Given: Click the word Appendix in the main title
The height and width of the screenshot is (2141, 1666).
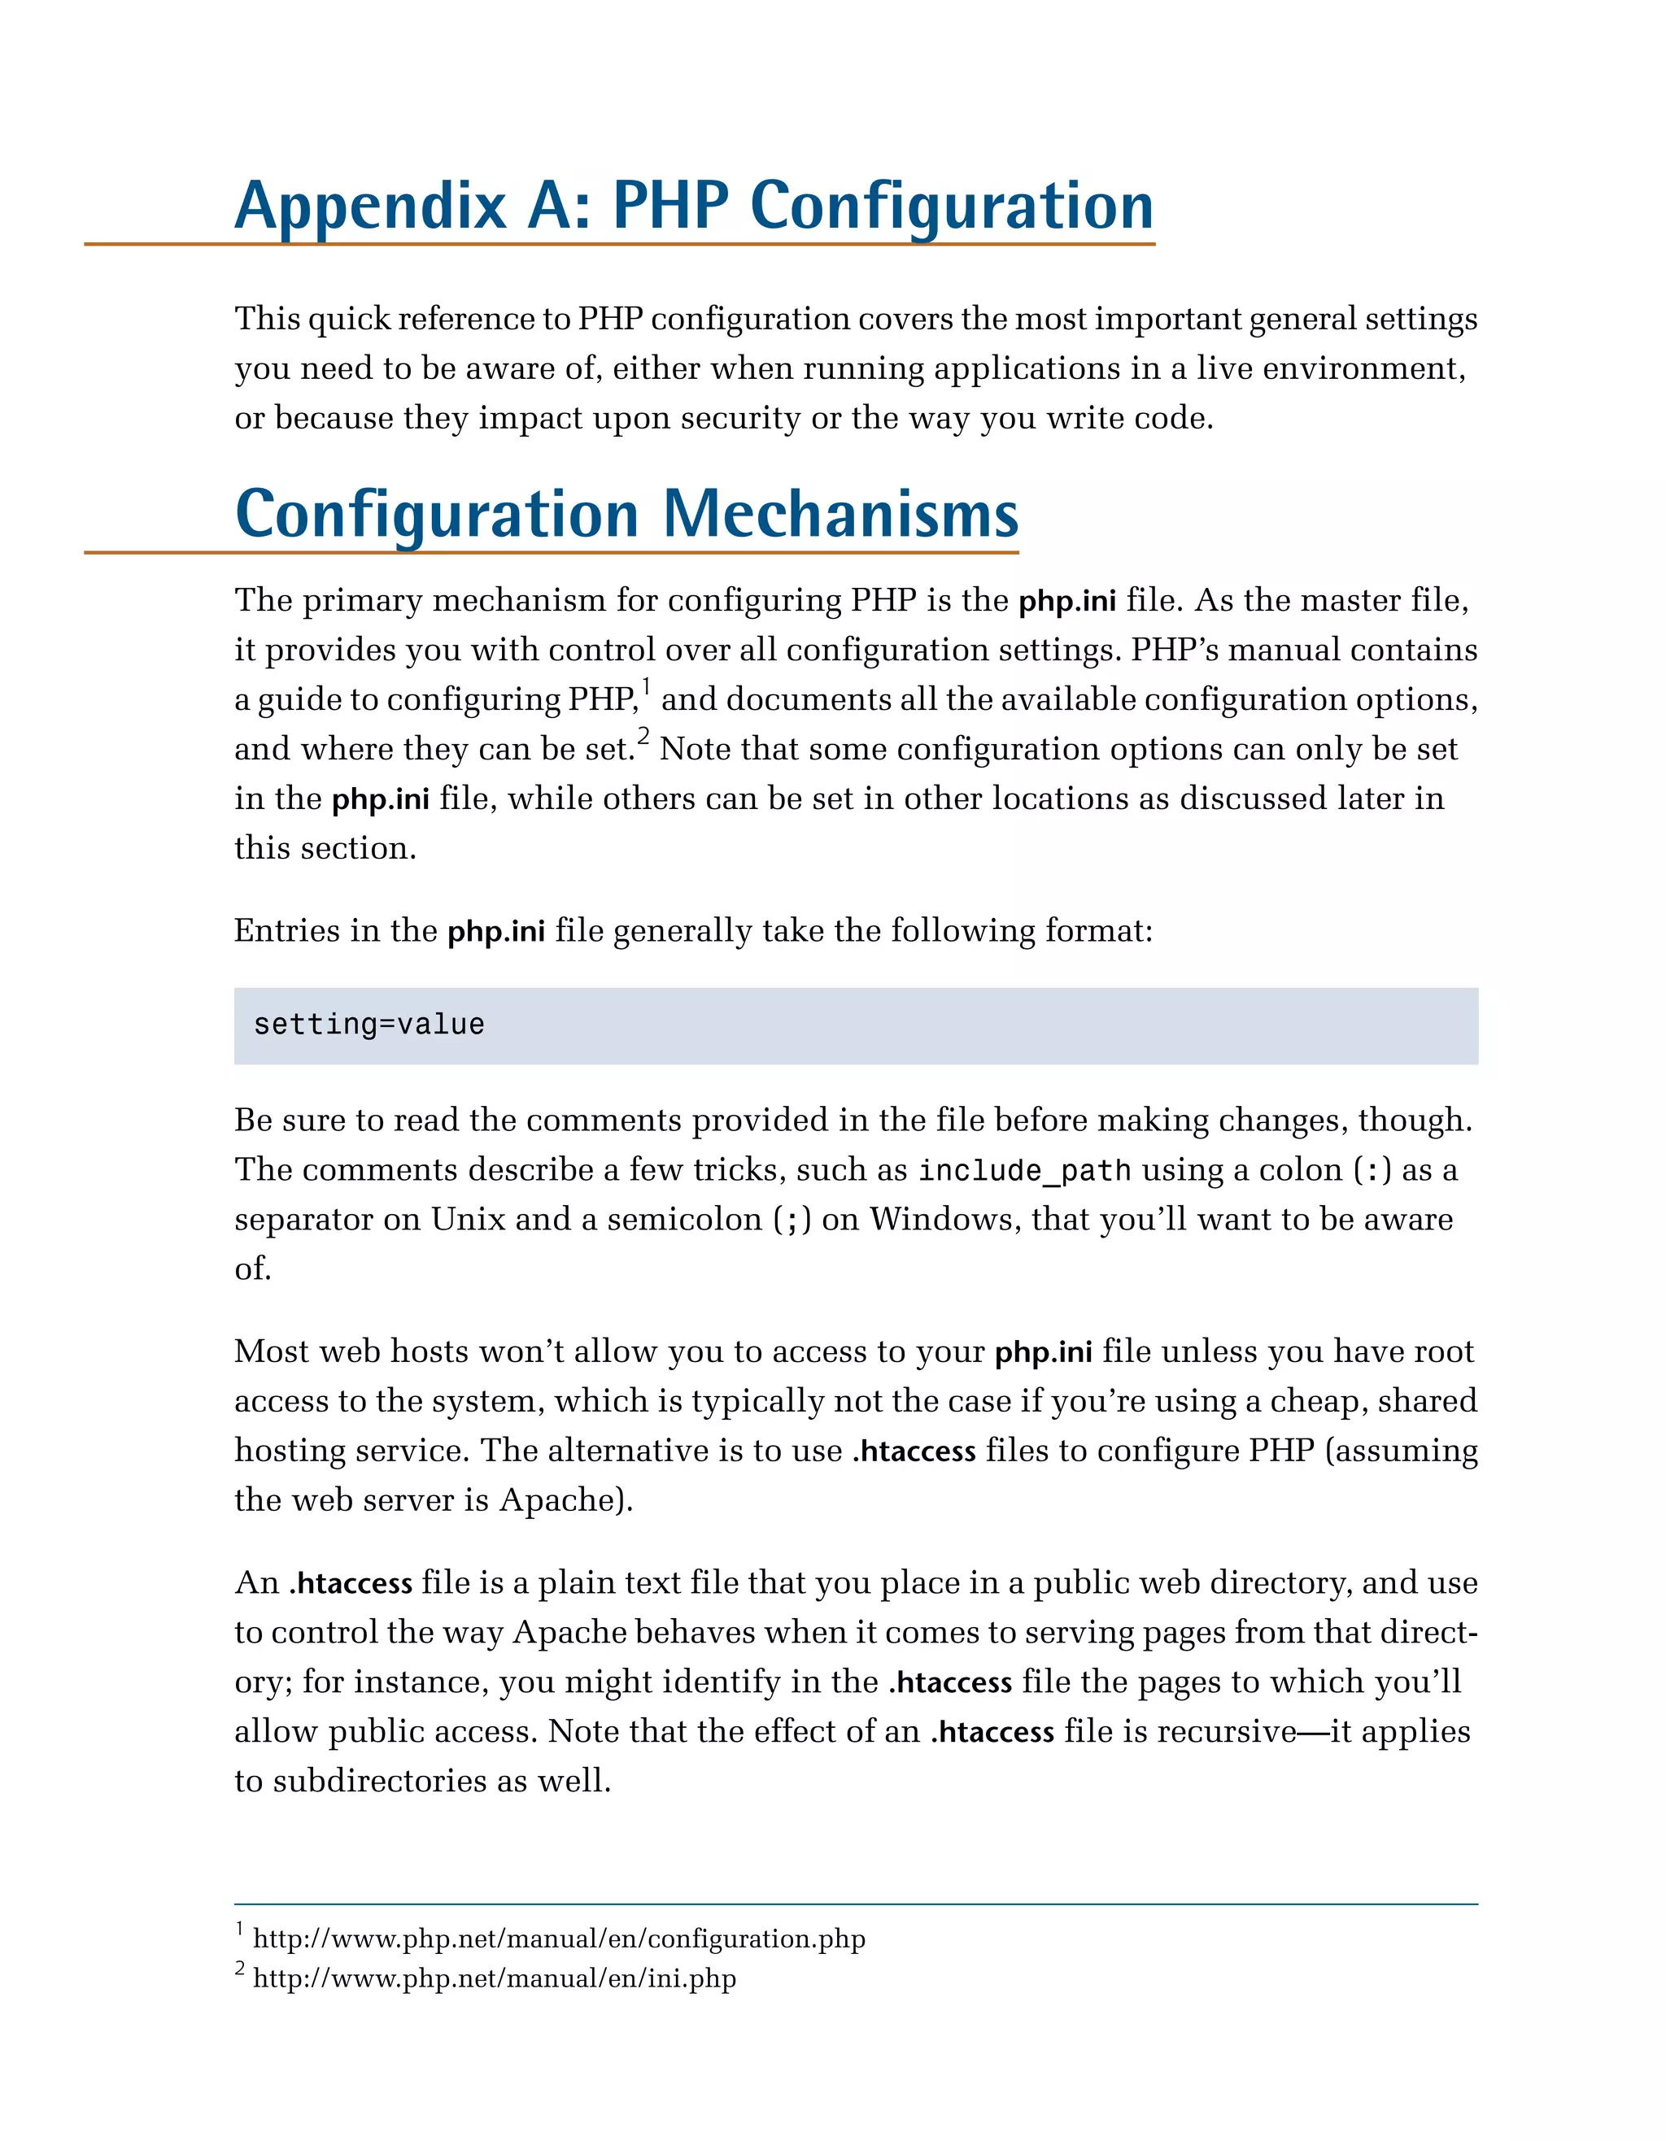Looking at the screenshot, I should point(369,208).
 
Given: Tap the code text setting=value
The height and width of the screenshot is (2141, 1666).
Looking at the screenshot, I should point(369,1025).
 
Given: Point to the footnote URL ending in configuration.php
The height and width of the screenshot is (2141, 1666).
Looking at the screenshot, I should point(559,1939).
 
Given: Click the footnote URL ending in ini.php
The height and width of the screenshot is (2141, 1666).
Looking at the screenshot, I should point(495,1978).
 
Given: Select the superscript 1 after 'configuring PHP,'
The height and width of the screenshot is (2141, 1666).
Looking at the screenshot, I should point(646,687).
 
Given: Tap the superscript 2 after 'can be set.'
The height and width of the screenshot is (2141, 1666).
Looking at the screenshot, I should point(643,736).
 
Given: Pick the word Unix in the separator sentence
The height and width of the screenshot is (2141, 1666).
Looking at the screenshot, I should point(468,1220).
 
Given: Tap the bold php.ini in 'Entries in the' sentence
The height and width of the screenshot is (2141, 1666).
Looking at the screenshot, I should point(495,931).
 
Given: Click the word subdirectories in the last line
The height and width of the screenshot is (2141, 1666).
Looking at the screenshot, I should point(378,1782).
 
